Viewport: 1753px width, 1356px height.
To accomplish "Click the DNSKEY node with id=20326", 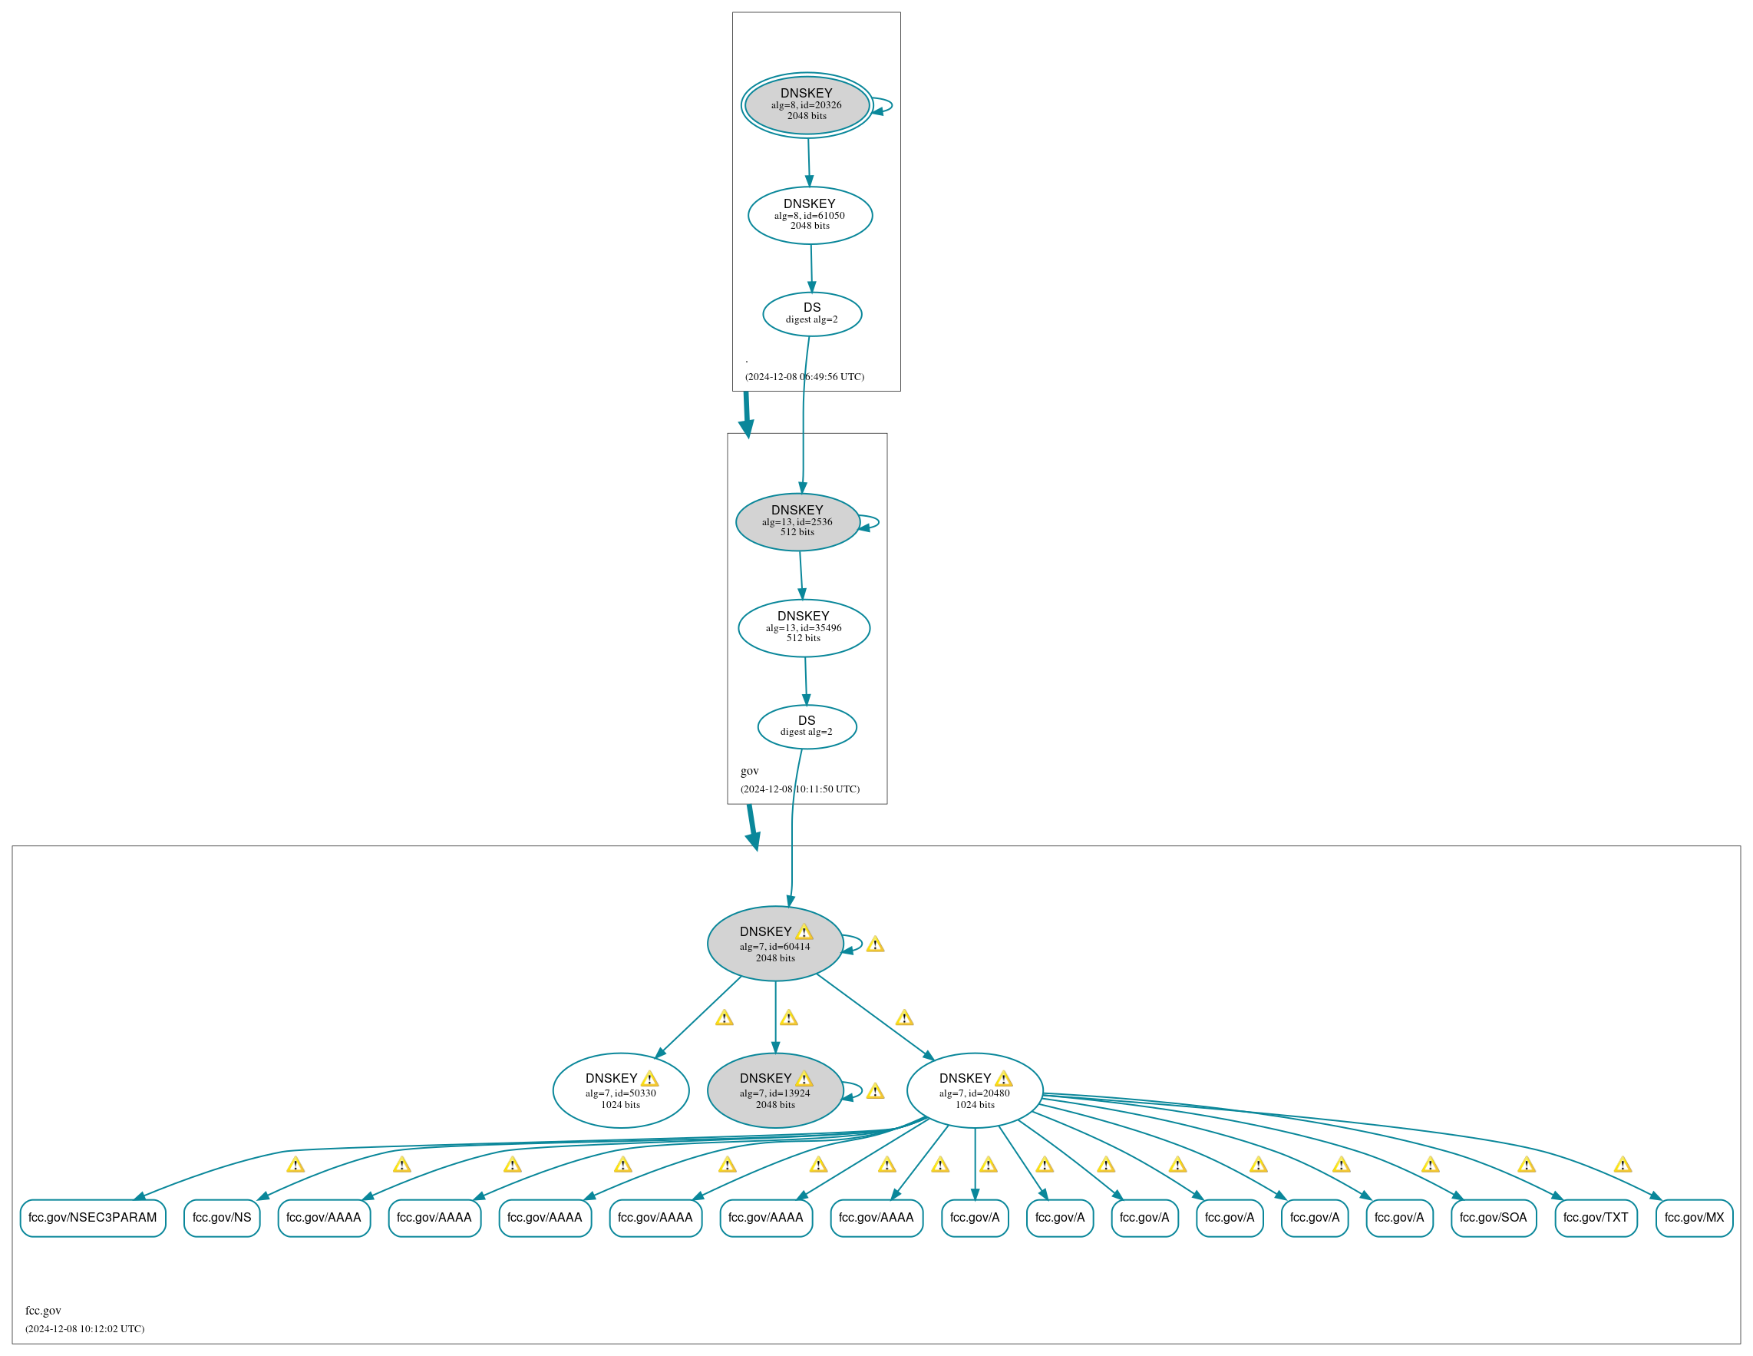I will (x=807, y=105).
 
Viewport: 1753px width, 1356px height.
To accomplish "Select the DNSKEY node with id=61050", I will (x=810, y=215).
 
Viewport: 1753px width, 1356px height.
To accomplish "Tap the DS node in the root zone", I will (x=812, y=314).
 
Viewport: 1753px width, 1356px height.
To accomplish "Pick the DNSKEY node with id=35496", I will (x=804, y=628).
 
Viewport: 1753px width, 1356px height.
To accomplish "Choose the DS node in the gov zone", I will (x=807, y=726).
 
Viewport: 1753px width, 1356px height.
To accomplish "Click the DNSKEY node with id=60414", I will (x=774, y=944).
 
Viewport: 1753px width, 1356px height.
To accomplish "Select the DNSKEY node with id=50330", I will (x=620, y=1091).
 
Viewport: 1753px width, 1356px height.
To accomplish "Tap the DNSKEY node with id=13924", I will (x=774, y=1091).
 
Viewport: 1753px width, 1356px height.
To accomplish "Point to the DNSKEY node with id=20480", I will (x=975, y=1091).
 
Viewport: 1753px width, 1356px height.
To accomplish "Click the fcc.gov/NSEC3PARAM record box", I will (x=93, y=1218).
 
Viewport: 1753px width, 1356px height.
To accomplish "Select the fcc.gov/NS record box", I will (x=222, y=1218).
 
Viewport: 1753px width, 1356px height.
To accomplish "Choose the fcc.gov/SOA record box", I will (x=1493, y=1218).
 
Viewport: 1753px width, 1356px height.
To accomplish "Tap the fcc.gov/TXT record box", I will (x=1596, y=1218).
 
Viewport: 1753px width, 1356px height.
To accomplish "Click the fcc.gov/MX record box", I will (x=1695, y=1218).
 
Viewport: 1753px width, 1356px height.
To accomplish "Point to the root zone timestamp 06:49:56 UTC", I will (x=804, y=376).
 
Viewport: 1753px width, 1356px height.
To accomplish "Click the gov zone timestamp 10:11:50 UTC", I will (x=800, y=789).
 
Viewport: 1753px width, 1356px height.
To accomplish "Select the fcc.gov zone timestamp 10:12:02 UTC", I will (x=84, y=1328).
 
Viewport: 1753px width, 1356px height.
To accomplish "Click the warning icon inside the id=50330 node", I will (x=649, y=1079).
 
